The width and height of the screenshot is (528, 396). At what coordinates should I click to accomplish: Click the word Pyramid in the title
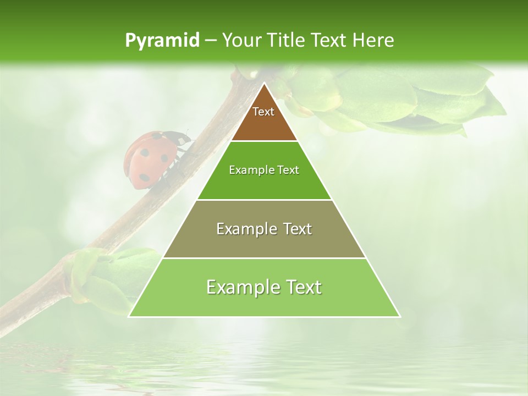(162, 41)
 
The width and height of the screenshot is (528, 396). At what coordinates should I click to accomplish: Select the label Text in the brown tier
(263, 112)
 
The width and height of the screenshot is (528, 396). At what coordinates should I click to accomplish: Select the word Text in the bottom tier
(302, 287)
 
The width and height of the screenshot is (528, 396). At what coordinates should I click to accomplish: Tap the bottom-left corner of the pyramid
(129, 316)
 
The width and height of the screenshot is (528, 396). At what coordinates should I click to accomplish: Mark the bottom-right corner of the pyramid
(399, 316)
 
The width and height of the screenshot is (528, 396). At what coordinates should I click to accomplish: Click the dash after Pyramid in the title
(211, 41)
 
